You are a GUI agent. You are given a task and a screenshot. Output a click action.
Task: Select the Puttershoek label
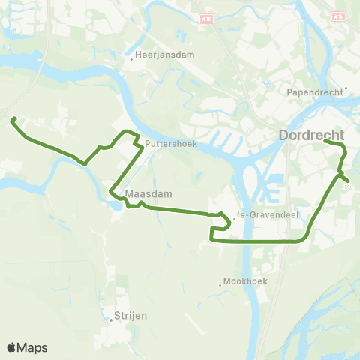point(172,145)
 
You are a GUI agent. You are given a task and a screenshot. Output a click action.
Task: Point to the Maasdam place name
point(149,193)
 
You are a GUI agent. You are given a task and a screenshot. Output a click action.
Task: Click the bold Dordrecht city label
point(311,136)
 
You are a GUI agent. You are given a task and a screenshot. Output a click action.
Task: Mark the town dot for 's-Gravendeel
point(234,220)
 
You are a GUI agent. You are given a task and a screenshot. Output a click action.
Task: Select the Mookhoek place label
point(246,281)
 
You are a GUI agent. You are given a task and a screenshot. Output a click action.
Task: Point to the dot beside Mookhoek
point(220,284)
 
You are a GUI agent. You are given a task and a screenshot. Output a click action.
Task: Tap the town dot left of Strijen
point(110,319)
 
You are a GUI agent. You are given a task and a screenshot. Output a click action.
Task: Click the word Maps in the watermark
point(33,347)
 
